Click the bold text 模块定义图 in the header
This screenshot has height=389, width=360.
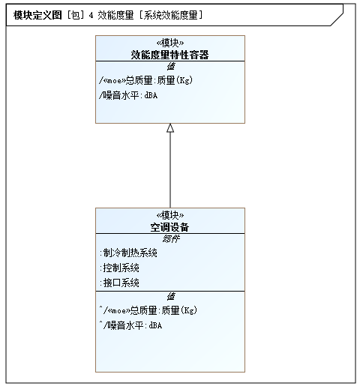37,15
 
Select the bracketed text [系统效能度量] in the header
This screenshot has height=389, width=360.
171,15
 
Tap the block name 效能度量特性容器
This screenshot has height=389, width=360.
169,55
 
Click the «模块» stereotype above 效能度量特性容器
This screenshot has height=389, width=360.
170,43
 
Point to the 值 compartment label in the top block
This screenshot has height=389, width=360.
171,67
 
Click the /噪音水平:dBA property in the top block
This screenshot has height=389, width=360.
128,95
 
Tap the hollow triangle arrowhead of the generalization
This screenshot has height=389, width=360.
170,127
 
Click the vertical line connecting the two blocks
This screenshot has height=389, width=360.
170,170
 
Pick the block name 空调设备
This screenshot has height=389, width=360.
169,227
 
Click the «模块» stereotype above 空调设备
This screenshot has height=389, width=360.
170,215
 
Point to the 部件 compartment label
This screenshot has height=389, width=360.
171,239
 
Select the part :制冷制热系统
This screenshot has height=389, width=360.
128,253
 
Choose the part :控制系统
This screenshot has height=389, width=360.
119,268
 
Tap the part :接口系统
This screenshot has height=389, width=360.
119,283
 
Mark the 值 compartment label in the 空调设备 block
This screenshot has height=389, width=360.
171,297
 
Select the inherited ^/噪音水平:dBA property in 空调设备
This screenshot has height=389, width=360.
130,325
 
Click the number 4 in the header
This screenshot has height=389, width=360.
91,15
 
